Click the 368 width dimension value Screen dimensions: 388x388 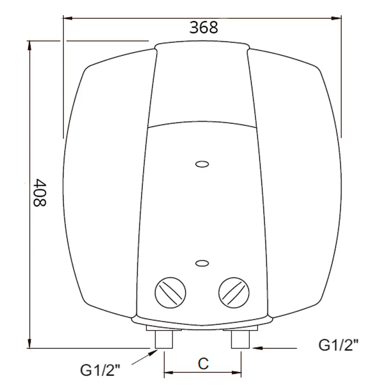[x=204, y=27]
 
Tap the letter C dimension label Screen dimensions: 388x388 [x=203, y=363]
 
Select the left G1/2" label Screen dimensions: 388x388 [x=100, y=370]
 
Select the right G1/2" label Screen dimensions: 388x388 [x=338, y=345]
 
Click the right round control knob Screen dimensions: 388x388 [x=234, y=291]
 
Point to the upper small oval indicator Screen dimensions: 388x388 [x=202, y=164]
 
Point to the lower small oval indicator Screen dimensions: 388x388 [x=202, y=263]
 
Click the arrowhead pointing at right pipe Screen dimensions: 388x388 [x=254, y=346]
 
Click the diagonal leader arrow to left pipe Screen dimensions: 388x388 [x=144, y=358]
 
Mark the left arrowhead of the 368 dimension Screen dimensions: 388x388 [x=67, y=18]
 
